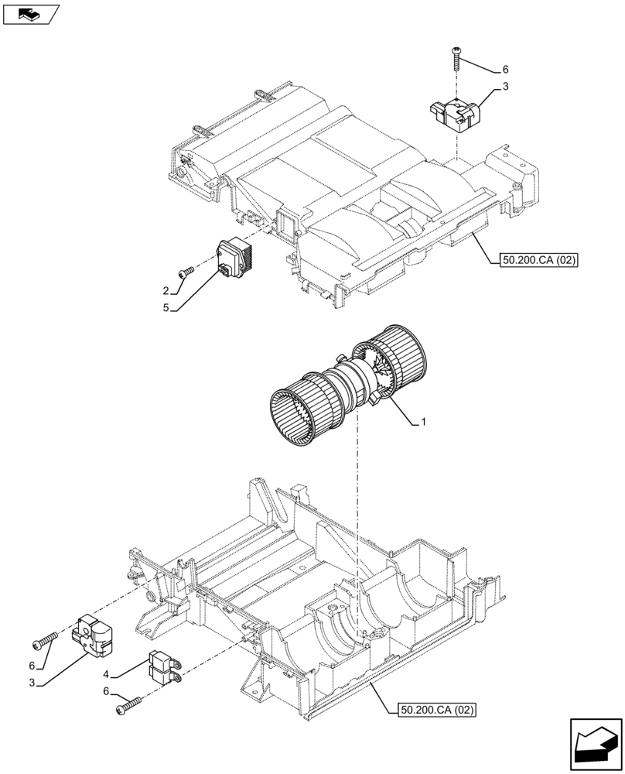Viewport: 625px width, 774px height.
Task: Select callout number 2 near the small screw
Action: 166,291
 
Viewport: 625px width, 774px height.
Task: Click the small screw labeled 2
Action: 186,272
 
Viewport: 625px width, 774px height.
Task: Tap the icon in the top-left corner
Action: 30,13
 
